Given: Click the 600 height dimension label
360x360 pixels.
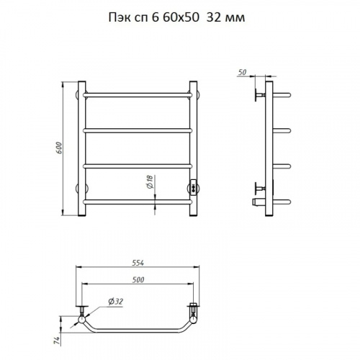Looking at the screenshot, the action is tap(60, 148).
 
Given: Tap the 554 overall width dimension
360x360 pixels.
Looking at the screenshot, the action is tap(138, 263).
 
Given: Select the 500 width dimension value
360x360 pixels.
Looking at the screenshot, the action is tap(138, 280).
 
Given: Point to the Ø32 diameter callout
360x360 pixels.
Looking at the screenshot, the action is tap(115, 302).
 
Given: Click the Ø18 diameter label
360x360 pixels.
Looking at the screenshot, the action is tap(149, 181).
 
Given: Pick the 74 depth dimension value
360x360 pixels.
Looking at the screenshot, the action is tap(56, 341).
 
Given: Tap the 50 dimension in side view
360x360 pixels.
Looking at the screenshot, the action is tap(243, 72).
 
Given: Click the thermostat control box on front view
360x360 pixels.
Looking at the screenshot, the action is tap(194, 186).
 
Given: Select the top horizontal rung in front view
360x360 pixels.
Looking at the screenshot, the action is tap(138, 95).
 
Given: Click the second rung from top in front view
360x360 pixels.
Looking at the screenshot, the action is tap(138, 130).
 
